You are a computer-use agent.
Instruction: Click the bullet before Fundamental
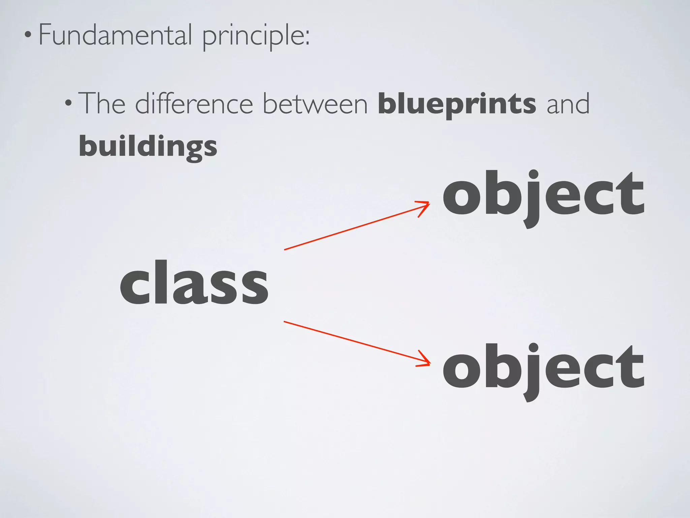[28, 35]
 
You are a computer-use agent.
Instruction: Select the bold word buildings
[148, 147]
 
